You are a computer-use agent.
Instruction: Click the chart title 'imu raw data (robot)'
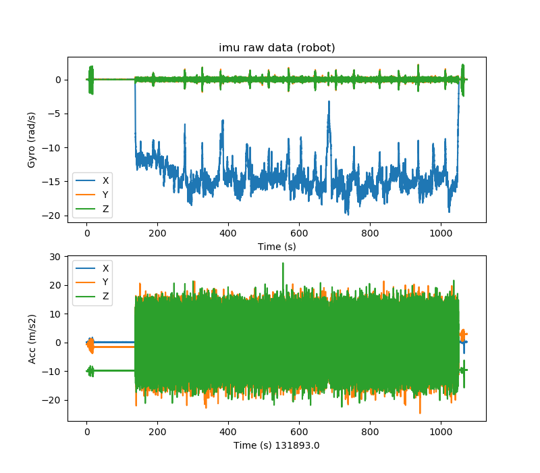click(x=277, y=48)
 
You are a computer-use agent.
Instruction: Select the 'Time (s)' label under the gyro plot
click(x=277, y=247)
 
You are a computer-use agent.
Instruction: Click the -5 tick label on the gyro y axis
click(x=55, y=114)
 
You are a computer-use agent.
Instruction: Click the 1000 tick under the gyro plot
click(x=441, y=232)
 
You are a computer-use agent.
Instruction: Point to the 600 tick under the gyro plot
click(x=299, y=232)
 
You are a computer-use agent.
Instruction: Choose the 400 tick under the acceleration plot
click(x=228, y=431)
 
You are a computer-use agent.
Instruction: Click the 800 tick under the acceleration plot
click(x=370, y=431)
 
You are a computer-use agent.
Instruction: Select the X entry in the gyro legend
click(x=105, y=180)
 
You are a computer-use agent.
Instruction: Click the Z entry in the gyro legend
click(x=105, y=209)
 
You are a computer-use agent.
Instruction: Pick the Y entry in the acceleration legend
click(x=105, y=282)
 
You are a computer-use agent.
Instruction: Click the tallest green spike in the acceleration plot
click(x=283, y=264)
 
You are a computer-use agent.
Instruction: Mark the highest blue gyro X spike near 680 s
click(x=329, y=102)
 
